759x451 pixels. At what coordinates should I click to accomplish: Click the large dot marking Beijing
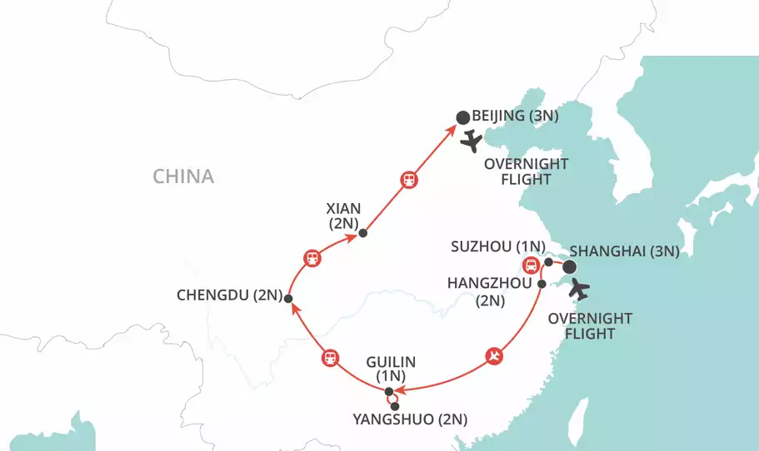tap(462, 117)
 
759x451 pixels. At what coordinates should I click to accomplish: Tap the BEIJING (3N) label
tap(511, 116)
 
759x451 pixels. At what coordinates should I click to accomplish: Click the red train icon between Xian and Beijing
tap(409, 180)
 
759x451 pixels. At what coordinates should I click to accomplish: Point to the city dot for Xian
tap(362, 234)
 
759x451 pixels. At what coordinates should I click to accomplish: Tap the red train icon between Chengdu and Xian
tap(312, 257)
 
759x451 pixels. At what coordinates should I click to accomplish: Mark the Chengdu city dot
tap(287, 298)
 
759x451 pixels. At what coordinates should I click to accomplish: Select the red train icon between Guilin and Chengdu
tap(330, 359)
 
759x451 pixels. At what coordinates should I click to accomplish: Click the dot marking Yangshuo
tap(394, 407)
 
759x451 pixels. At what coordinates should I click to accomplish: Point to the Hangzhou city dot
tap(542, 285)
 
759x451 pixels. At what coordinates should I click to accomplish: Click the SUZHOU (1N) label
tap(497, 246)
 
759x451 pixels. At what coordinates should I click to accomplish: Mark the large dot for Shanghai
tap(570, 267)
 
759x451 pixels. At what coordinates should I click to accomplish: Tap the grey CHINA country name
tap(183, 176)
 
